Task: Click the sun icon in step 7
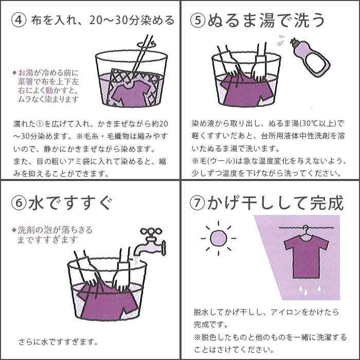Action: point(218,239)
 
